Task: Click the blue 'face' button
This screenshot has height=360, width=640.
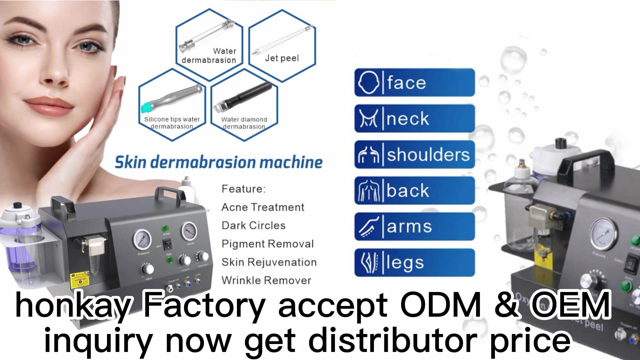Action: click(414, 83)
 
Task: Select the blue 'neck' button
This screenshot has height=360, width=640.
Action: click(414, 118)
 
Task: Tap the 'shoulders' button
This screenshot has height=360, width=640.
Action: click(414, 154)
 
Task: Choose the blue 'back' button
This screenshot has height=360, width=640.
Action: click(414, 190)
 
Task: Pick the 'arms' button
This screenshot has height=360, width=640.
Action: click(414, 226)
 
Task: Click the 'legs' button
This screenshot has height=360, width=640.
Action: click(414, 262)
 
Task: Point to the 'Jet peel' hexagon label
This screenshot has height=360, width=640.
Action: click(282, 58)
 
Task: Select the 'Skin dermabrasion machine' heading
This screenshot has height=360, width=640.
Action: click(219, 163)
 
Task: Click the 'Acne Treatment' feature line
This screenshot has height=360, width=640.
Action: click(263, 207)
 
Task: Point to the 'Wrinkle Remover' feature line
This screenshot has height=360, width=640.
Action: click(266, 280)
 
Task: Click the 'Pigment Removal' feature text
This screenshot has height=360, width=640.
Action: click(268, 244)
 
